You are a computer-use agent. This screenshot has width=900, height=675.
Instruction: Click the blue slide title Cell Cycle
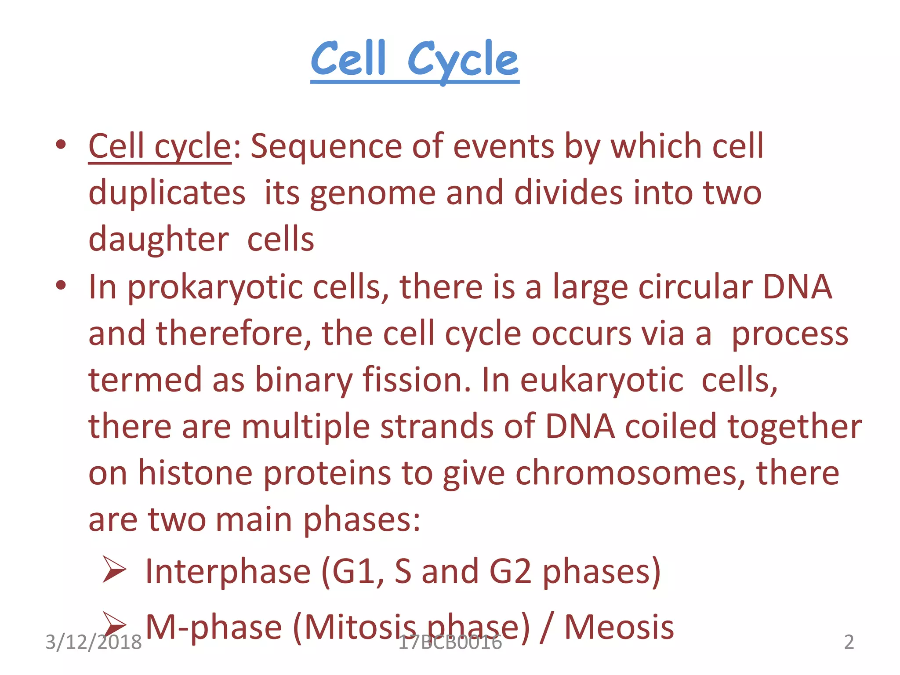414,60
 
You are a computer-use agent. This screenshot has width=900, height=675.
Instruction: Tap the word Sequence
326,147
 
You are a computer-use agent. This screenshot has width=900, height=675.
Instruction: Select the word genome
373,193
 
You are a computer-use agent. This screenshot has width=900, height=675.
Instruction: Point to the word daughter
159,240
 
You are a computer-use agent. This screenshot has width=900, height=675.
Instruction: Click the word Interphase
228,571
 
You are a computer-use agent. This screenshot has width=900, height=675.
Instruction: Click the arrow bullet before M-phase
114,623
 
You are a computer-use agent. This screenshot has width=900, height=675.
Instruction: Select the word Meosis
619,627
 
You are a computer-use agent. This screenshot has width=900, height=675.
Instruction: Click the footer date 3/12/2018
94,642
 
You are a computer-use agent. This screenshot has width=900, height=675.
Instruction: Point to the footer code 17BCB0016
450,642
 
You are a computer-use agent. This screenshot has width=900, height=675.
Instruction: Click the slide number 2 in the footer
849,642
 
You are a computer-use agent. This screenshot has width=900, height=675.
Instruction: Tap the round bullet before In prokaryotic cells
61,286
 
